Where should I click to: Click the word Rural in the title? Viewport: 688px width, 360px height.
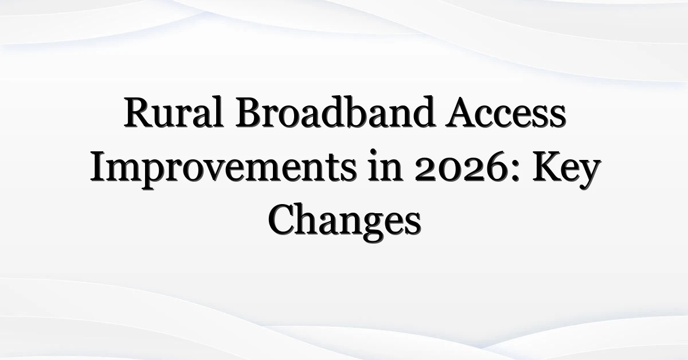[174, 112]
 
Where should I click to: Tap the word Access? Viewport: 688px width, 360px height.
[506, 112]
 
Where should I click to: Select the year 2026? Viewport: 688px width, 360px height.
[460, 170]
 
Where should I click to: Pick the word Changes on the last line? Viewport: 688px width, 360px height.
[345, 222]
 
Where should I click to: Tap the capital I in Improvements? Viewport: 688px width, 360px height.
[99, 166]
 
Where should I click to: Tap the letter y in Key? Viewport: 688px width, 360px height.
[588, 175]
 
